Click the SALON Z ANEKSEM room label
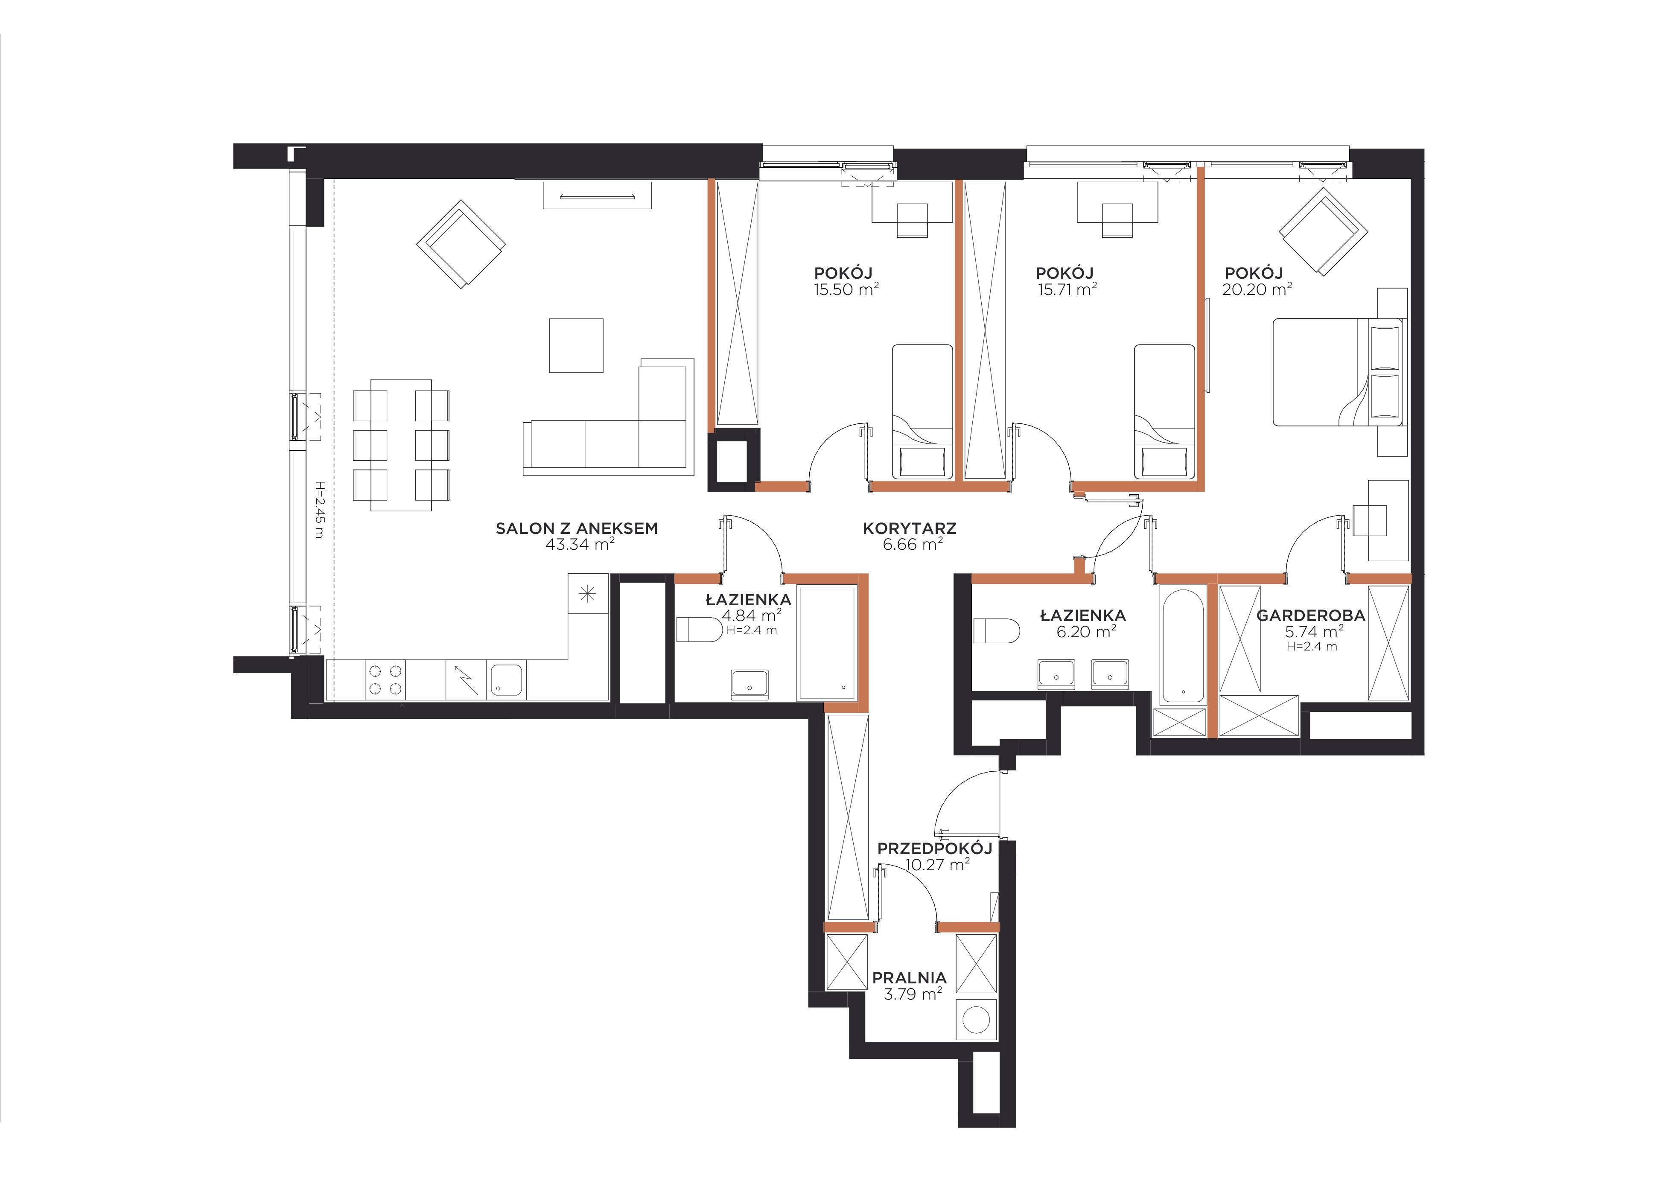[577, 528]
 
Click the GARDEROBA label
[1311, 615]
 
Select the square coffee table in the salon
[576, 346]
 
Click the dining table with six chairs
[401, 445]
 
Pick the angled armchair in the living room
[461, 244]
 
